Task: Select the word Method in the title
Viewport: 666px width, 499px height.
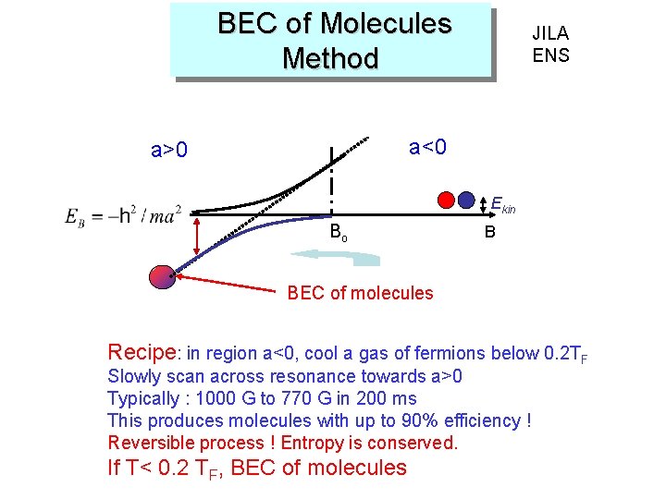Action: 330,58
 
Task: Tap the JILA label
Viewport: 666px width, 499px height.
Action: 550,33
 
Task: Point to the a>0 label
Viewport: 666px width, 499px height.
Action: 169,150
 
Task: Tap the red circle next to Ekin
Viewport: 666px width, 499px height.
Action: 449,200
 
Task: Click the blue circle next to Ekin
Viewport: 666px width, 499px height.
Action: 469,200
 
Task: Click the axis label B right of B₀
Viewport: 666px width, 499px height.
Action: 489,232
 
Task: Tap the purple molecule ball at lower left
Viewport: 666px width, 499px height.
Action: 162,277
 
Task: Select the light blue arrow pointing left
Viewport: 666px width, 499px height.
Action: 370,258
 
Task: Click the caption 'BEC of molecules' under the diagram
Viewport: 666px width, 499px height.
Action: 360,293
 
